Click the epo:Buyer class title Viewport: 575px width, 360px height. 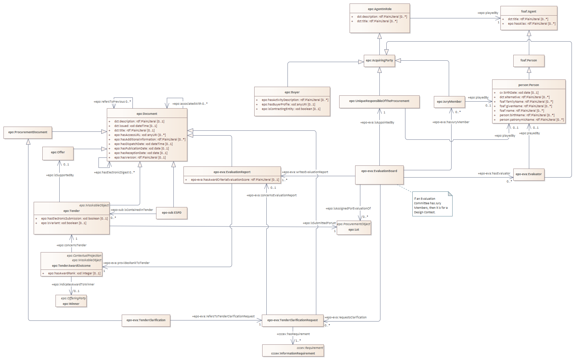tap(292, 92)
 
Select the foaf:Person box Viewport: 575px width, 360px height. tap(529, 61)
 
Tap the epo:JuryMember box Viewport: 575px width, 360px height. tap(449, 102)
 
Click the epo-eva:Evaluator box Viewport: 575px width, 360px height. tap(529, 174)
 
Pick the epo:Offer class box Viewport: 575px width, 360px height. tap(58, 153)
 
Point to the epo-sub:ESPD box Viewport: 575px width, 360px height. tap(172, 213)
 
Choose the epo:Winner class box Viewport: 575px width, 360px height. tap(71, 301)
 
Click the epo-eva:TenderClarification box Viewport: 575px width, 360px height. tap(146, 320)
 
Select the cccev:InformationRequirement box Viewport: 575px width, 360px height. tap(293, 351)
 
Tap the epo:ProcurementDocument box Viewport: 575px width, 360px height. tap(28, 132)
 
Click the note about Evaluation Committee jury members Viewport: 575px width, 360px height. tap(432, 205)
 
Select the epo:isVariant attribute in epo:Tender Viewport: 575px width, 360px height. tap(64, 223)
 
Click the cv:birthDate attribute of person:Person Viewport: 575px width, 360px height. tap(519, 93)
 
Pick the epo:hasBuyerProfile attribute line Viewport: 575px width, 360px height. tap(289, 104)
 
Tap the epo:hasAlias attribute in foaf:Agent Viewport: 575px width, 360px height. tap(531, 24)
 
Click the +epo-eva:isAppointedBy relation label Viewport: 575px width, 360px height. tap(377, 122)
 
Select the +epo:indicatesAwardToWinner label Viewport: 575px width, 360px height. tap(73, 284)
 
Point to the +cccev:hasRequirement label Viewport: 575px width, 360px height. tap(293, 334)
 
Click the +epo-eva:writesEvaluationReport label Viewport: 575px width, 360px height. tap(305, 172)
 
